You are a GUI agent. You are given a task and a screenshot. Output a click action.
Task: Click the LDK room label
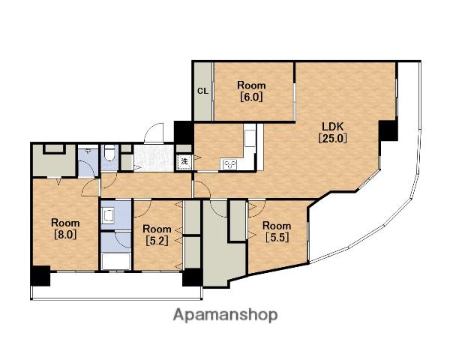[332, 126]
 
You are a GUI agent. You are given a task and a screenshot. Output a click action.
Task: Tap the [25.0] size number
[332, 139]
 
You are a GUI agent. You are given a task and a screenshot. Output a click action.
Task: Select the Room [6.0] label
[251, 91]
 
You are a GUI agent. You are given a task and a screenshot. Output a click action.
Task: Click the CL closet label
[202, 91]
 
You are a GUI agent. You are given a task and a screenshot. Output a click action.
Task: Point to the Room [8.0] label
[65, 229]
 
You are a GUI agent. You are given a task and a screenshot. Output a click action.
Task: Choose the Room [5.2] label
[157, 235]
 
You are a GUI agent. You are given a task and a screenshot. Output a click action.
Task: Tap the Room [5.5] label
[277, 232]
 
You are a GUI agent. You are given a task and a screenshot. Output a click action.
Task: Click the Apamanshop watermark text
[225, 315]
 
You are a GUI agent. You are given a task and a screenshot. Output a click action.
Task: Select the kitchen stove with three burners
[230, 164]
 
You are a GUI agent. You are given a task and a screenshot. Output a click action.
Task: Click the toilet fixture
[109, 154]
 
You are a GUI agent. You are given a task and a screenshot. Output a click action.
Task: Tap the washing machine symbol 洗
[184, 162]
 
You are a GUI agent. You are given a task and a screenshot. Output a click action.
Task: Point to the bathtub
[116, 261]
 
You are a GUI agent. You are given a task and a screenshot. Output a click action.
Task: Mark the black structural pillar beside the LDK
[388, 130]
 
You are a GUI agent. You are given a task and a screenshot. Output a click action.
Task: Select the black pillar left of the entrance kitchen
[184, 133]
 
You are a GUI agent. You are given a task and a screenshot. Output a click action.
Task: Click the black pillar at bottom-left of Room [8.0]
[40, 276]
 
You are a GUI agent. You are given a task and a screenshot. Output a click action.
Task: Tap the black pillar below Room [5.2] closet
[193, 277]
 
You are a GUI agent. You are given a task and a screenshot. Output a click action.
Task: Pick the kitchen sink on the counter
[250, 138]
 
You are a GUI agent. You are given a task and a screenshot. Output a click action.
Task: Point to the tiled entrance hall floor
[154, 158]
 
